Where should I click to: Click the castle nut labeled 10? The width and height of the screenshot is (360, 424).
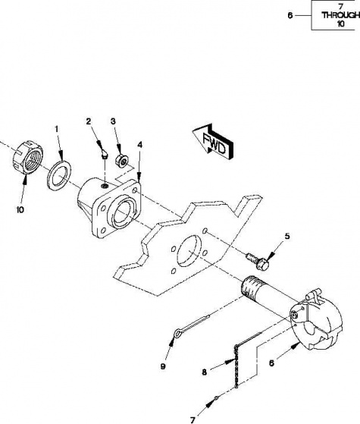28,157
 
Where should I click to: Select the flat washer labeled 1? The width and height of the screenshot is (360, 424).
59,176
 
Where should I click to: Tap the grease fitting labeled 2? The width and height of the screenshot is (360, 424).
104,155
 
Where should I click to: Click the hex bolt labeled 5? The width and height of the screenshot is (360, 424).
258,260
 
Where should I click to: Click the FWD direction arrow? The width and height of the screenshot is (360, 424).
214,142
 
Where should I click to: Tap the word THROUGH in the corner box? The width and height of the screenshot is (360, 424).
340,15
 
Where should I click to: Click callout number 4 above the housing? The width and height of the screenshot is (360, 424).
139,145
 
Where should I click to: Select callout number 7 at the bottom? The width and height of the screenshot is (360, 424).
193,420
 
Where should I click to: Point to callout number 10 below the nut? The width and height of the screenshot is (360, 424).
20,209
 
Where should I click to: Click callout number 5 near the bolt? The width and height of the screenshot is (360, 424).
287,236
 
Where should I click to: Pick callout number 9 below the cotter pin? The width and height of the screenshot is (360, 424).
163,366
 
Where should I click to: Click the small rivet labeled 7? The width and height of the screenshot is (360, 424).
216,397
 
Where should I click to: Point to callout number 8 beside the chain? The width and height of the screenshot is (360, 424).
205,372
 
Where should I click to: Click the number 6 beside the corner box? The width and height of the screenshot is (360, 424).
290,15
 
